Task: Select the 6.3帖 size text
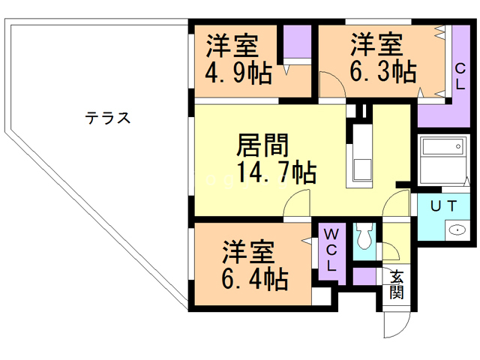pos(382,72)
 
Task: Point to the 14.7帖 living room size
pos(275,172)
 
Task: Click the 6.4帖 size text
pos(254,279)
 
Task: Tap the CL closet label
pos(459,76)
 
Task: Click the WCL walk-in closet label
pos(331,250)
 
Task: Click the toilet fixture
pos(364,238)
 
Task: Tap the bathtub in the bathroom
pos(443,160)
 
